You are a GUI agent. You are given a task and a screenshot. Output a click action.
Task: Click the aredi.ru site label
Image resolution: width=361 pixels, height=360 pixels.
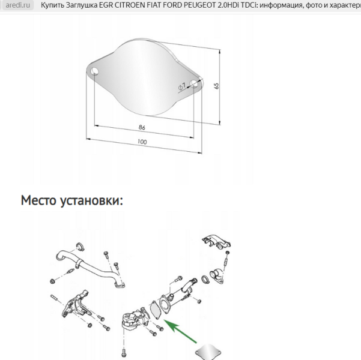(x=18, y=5)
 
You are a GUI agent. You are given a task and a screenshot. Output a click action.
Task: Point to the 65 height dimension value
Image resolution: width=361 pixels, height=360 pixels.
(x=216, y=86)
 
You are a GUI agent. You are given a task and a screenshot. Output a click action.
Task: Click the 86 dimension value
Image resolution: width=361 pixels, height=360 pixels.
(x=142, y=127)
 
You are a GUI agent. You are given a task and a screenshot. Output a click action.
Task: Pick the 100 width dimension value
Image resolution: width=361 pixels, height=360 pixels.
(x=142, y=142)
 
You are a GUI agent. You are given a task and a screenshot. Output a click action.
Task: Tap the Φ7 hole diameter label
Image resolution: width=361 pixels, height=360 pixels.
(x=181, y=86)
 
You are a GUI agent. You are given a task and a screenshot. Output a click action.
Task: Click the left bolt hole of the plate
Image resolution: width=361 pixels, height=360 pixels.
(x=95, y=71)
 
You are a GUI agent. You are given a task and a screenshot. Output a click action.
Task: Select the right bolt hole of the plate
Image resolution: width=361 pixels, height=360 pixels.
(x=194, y=84)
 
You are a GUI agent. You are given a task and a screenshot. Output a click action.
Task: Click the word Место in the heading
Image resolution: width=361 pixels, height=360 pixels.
(x=38, y=200)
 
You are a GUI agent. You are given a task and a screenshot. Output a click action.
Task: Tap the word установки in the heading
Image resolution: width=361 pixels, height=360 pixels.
(x=92, y=201)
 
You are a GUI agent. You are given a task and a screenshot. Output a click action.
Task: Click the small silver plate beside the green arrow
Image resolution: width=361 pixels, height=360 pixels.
(x=208, y=352)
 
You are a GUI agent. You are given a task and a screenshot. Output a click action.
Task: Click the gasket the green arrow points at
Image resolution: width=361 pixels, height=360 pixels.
(x=154, y=310)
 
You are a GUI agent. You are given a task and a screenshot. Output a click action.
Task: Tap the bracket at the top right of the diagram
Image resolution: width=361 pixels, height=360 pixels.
(x=216, y=242)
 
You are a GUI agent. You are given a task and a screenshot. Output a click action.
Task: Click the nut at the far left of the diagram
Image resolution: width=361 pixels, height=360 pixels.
(x=52, y=281)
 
